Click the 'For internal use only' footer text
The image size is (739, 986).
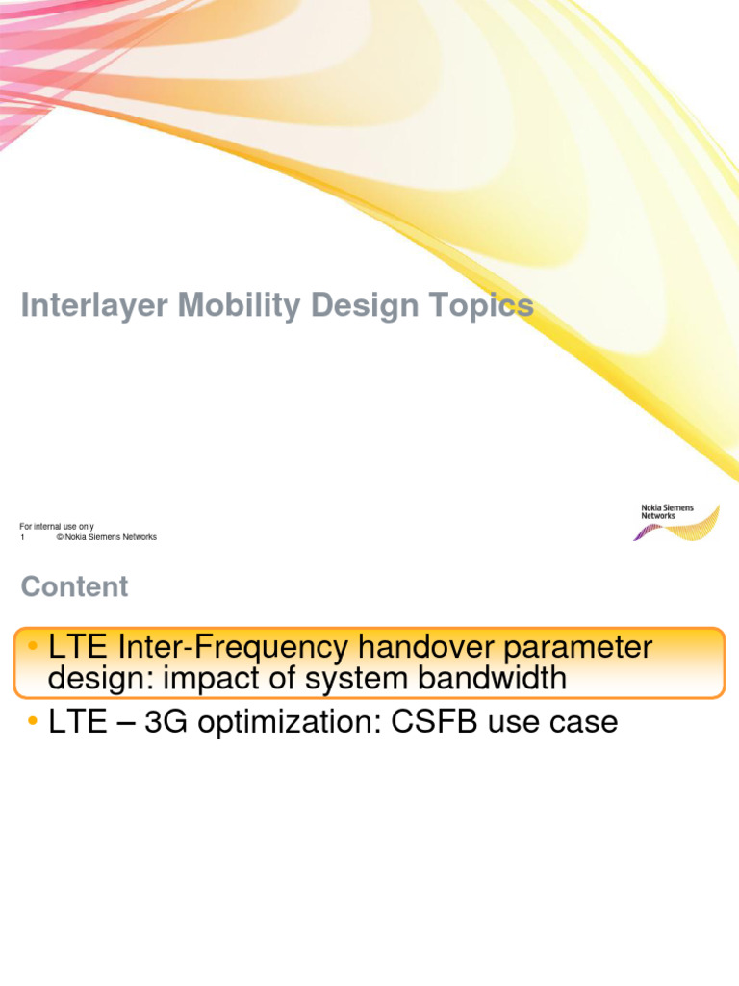(57, 527)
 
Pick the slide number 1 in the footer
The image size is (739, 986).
(22, 537)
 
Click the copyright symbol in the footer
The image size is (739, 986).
(60, 537)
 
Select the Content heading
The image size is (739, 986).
(74, 586)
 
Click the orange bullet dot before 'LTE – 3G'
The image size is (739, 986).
(33, 722)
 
